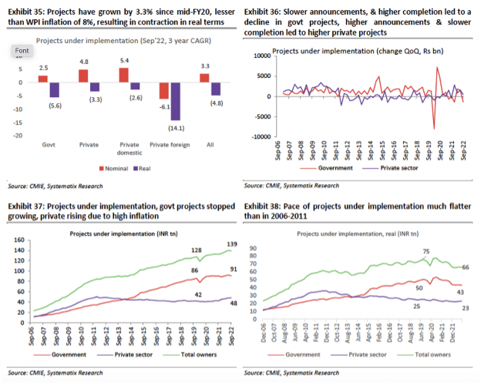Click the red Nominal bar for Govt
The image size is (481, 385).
click(x=43, y=79)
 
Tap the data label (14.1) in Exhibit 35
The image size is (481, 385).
click(x=175, y=128)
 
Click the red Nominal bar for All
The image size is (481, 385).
click(x=205, y=78)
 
